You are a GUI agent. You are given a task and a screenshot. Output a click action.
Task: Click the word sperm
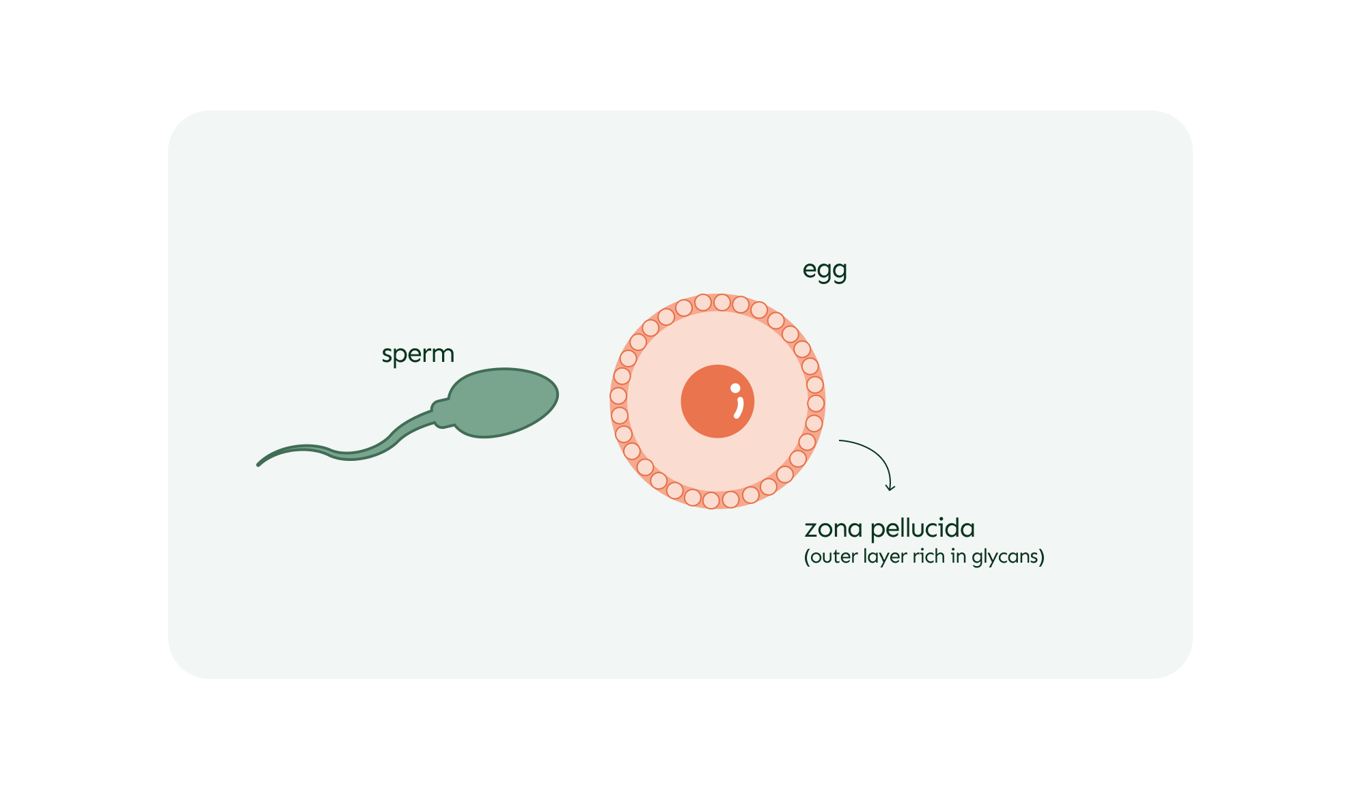tap(417, 354)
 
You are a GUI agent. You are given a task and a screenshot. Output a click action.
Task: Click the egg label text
tap(825, 270)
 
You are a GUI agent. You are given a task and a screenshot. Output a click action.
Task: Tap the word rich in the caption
tap(929, 557)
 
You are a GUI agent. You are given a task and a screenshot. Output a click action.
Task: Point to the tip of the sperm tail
tap(259, 464)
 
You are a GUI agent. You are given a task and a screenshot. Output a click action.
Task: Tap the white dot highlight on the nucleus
tap(735, 389)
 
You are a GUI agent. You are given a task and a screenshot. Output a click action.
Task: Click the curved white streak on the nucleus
tap(739, 408)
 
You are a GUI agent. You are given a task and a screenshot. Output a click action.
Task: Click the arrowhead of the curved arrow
tap(890, 488)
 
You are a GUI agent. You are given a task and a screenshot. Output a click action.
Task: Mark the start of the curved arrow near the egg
tap(841, 441)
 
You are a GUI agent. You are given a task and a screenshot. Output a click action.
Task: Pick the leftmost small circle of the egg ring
tap(618, 396)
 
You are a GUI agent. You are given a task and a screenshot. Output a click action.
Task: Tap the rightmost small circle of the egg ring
tap(816, 404)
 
